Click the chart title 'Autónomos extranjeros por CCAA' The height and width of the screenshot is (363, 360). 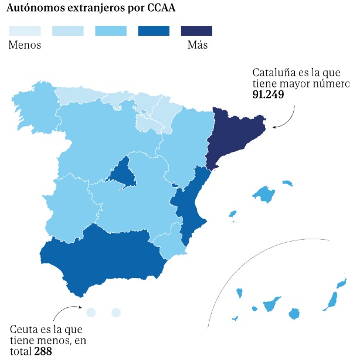point(90,9)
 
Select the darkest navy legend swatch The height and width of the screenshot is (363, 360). point(196,31)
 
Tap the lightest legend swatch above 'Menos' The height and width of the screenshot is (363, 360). point(25,31)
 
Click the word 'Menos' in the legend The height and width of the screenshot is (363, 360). point(25,45)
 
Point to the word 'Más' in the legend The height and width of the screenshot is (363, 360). point(197,45)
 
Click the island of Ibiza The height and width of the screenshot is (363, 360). point(233,213)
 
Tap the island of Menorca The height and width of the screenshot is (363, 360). point(287,183)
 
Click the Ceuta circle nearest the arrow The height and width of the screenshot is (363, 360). point(90,313)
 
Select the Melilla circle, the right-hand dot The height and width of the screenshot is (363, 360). point(116,313)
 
